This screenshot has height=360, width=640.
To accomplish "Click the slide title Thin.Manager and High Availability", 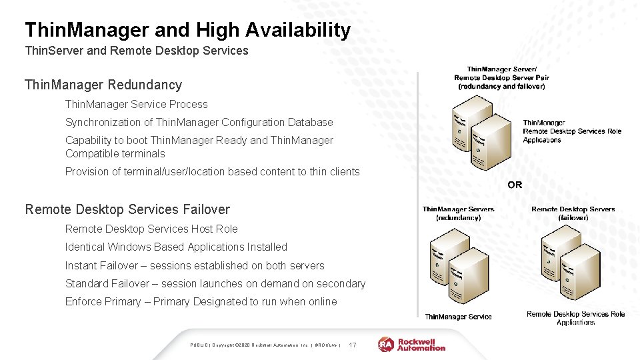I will tap(187, 30).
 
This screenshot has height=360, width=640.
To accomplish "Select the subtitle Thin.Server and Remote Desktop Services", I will tap(136, 51).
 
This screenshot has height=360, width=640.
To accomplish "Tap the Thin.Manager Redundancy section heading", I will tap(103, 85).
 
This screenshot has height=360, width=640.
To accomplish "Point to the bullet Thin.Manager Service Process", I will tap(136, 104).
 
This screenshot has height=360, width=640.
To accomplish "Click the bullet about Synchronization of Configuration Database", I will tap(199, 122).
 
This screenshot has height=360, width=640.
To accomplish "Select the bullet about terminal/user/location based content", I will tap(212, 171).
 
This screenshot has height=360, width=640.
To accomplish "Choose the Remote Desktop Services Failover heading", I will tap(127, 209).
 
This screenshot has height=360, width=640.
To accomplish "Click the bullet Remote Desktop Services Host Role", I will tap(151, 229).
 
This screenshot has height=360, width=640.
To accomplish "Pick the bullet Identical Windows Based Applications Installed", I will tap(176, 247).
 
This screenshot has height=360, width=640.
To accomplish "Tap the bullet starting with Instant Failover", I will tap(195, 265).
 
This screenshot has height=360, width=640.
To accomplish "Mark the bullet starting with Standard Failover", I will tap(215, 283).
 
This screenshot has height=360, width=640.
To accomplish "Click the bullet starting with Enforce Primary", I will tap(201, 301).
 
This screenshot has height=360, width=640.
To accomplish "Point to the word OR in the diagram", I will tap(515, 185).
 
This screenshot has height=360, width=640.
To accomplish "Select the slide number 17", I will tap(353, 345).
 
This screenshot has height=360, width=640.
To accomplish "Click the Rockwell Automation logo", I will tap(412, 344).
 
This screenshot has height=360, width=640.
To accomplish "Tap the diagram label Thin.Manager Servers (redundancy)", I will tap(458, 213).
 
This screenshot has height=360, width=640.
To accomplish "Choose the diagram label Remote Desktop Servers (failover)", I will tap(573, 213).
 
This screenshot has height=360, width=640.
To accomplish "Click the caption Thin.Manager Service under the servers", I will tap(458, 317).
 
